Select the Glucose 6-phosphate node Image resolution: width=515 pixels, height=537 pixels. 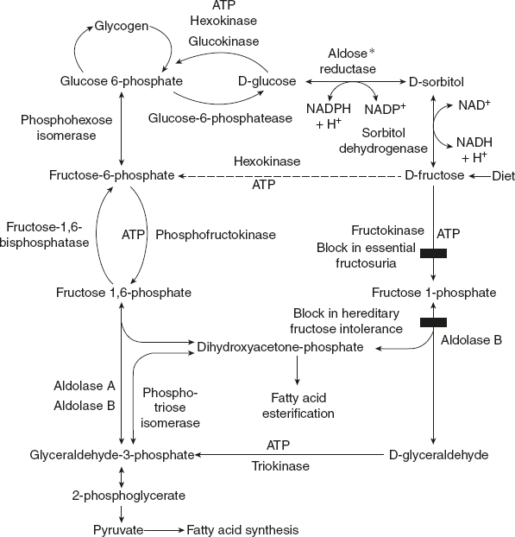[121, 81]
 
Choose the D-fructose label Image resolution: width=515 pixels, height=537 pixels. [434, 175]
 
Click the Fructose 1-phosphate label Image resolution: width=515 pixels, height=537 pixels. [434, 293]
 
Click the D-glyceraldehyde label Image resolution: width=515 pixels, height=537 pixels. [439, 454]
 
